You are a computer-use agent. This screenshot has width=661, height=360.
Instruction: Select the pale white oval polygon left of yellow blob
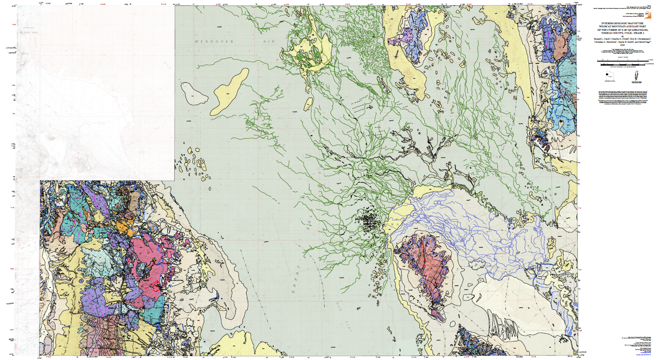pyautogui.click(x=193, y=93)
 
